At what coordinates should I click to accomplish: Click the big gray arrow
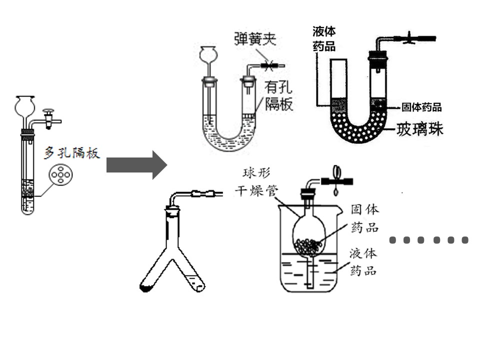click(x=136, y=165)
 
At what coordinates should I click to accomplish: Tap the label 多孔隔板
click(x=72, y=153)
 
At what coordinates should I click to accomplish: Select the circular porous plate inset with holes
click(x=60, y=175)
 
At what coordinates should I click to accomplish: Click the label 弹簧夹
click(x=255, y=39)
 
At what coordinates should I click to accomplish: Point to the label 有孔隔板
click(x=278, y=95)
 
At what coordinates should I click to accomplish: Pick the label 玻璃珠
click(x=419, y=129)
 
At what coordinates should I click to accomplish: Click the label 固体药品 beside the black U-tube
click(x=421, y=107)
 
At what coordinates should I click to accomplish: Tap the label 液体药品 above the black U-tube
click(x=324, y=39)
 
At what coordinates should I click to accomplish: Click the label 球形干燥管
click(x=256, y=182)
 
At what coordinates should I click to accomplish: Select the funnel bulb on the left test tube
click(x=25, y=106)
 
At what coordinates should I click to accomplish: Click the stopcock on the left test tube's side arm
click(x=48, y=119)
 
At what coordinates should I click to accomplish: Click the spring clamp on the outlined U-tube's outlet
click(x=269, y=65)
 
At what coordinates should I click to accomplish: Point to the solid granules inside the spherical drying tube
click(x=307, y=246)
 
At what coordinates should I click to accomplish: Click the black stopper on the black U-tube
click(x=378, y=55)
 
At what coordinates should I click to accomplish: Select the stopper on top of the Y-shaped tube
click(x=172, y=211)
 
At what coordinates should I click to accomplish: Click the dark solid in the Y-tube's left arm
click(x=145, y=288)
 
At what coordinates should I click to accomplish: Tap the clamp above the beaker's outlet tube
click(x=336, y=181)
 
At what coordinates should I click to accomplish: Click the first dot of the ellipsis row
click(x=393, y=240)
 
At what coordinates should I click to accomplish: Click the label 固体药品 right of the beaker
click(x=364, y=218)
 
